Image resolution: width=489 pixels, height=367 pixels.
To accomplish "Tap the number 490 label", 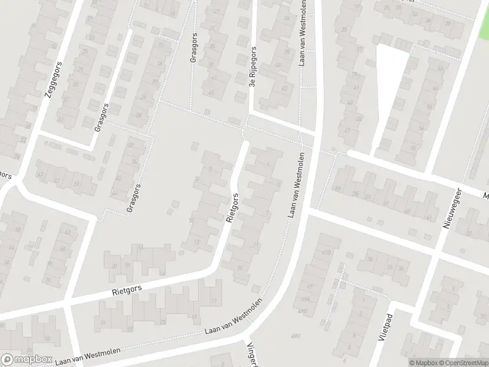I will tap(296, 336).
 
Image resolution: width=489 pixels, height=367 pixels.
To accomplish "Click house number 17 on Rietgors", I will tap(214, 300).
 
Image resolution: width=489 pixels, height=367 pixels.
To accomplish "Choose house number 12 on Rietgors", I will tap(196, 242).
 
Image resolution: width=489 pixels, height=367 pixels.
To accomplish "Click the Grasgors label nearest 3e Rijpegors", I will tap(194, 48).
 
